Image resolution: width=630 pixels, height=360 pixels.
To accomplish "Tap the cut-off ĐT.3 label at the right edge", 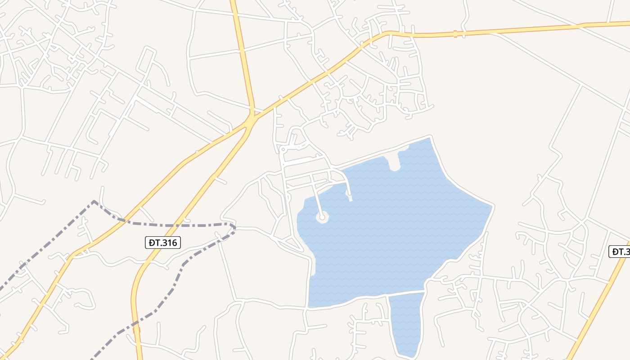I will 620,252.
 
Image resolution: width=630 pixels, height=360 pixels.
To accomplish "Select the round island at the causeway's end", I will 322,218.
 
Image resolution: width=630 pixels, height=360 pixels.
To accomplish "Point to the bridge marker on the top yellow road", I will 455,34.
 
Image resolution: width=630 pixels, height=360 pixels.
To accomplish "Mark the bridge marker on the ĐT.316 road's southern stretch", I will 136,330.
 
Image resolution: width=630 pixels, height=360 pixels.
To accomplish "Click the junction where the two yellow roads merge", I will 250,118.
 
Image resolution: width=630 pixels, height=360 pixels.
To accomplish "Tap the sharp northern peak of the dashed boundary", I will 94,201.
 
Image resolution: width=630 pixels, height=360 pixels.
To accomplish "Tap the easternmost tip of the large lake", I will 493,207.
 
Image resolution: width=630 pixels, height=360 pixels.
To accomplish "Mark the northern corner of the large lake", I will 431,137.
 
